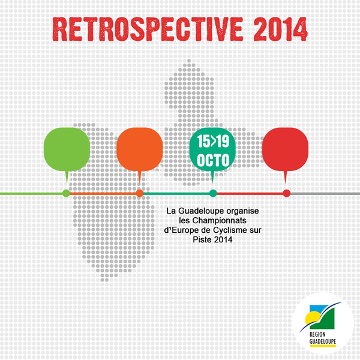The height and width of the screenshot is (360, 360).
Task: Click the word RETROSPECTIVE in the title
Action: [148, 29]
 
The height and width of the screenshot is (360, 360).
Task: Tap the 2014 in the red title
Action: [281, 29]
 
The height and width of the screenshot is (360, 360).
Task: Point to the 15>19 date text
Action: [213, 141]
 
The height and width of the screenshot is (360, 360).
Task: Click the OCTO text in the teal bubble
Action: [213, 160]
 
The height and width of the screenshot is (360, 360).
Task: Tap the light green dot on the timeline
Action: [66, 193]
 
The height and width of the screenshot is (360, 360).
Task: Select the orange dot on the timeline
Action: [140, 193]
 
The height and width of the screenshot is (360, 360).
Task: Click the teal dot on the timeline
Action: [213, 193]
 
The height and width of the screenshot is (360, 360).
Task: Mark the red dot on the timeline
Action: [287, 193]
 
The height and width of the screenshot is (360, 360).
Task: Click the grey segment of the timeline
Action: [325, 194]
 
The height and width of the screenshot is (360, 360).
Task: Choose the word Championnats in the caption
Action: [219, 221]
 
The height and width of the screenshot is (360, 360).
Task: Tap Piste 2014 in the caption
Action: [212, 239]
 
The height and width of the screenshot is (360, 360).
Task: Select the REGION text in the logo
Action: [317, 334]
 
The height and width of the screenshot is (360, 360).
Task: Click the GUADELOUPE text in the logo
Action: [323, 341]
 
